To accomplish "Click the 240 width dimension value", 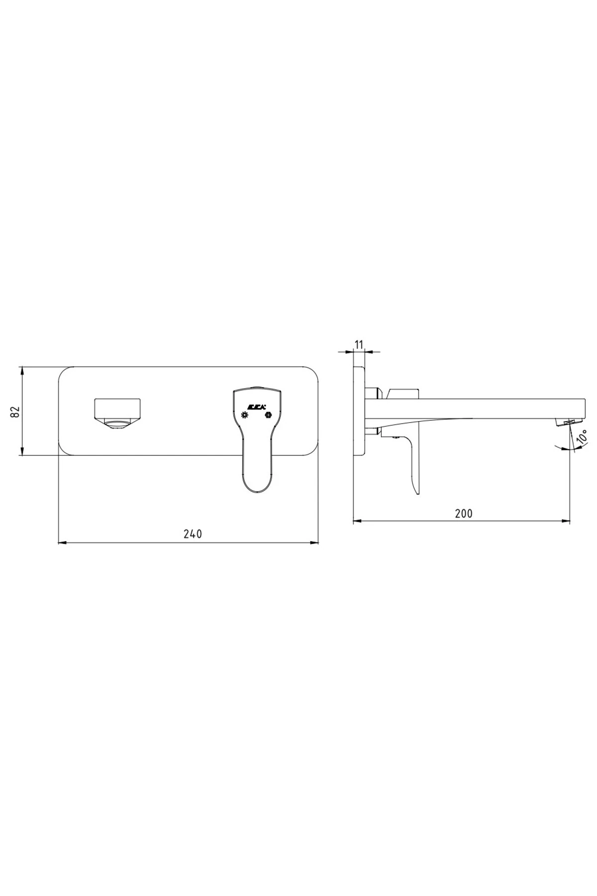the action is (193, 534).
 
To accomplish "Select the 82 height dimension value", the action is (15, 412).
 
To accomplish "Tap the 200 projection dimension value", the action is (464, 513).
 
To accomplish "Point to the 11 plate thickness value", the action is (360, 344).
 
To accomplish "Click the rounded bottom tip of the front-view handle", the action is (257, 490).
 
